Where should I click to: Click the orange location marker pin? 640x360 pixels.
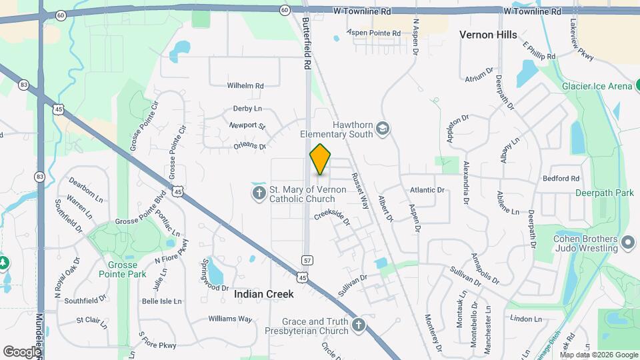321,159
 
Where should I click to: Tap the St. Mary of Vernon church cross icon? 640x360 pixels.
259,193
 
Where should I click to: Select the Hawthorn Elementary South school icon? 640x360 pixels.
382,127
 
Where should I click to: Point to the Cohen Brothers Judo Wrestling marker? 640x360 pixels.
627,242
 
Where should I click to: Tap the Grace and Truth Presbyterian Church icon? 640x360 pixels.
359,325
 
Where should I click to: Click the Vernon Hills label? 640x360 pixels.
488,35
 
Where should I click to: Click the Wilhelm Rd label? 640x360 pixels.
245,86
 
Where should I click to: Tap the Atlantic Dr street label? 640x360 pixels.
427,190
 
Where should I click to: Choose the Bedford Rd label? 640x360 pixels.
561,179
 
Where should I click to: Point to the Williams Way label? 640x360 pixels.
230,319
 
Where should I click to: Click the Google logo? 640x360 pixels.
21,351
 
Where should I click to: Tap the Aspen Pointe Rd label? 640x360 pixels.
375,33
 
